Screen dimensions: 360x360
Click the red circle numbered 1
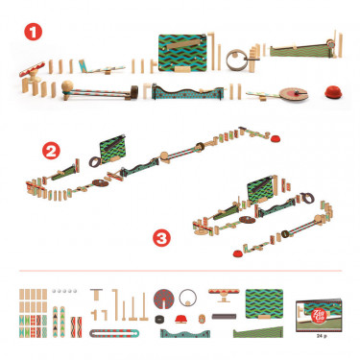tap(32, 32)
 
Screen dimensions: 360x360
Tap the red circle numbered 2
tap(52, 151)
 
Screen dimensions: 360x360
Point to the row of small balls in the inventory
tap(65, 290)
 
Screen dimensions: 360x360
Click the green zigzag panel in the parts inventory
tap(265, 300)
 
